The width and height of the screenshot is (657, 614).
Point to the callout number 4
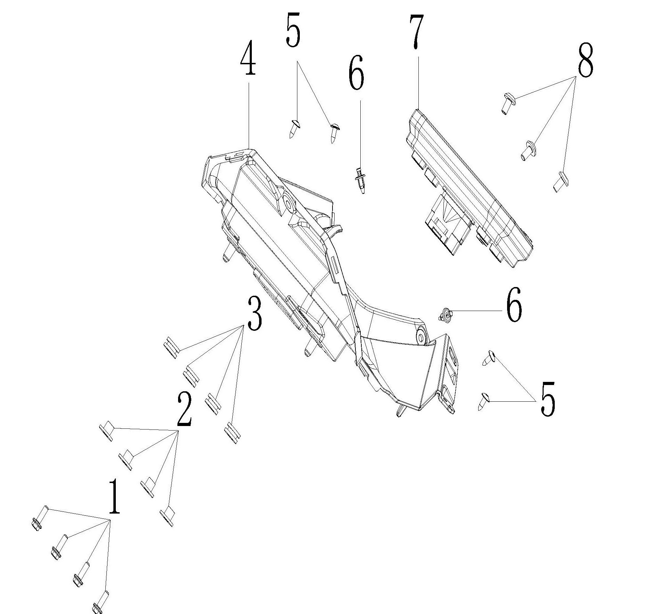(x=248, y=58)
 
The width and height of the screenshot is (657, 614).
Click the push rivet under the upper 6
(x=360, y=181)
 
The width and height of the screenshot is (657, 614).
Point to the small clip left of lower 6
(x=446, y=315)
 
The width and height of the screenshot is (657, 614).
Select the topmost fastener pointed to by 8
(x=509, y=103)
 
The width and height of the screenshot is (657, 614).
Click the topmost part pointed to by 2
(x=107, y=431)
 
